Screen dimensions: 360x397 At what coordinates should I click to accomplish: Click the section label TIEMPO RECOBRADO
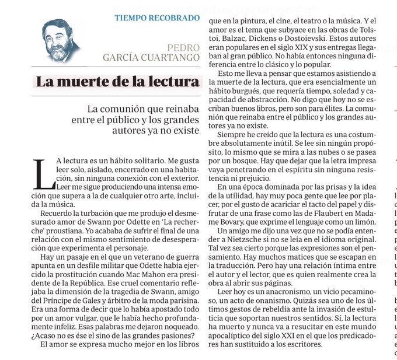(x=157, y=18)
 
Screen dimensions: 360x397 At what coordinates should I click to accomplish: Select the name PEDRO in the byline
(x=183, y=47)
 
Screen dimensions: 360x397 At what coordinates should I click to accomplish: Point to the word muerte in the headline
(x=84, y=82)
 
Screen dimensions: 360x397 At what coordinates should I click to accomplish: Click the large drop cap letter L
(x=42, y=174)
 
